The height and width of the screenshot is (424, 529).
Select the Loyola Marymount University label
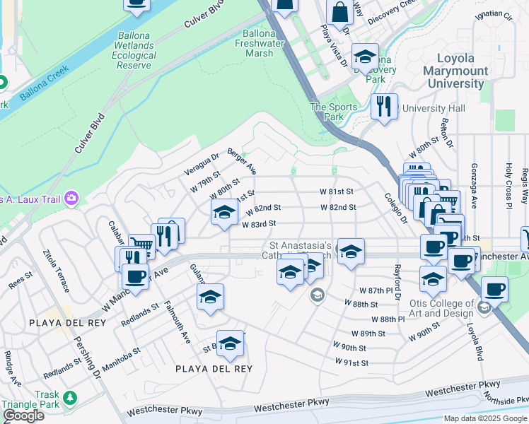[x=455, y=71]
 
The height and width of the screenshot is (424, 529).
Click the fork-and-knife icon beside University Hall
[x=384, y=107]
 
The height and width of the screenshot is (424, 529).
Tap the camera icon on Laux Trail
[x=70, y=198]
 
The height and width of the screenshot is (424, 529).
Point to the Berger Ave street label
[x=241, y=162]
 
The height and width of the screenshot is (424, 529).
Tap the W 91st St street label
[x=352, y=363]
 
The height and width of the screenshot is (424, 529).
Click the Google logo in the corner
[x=24, y=416]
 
